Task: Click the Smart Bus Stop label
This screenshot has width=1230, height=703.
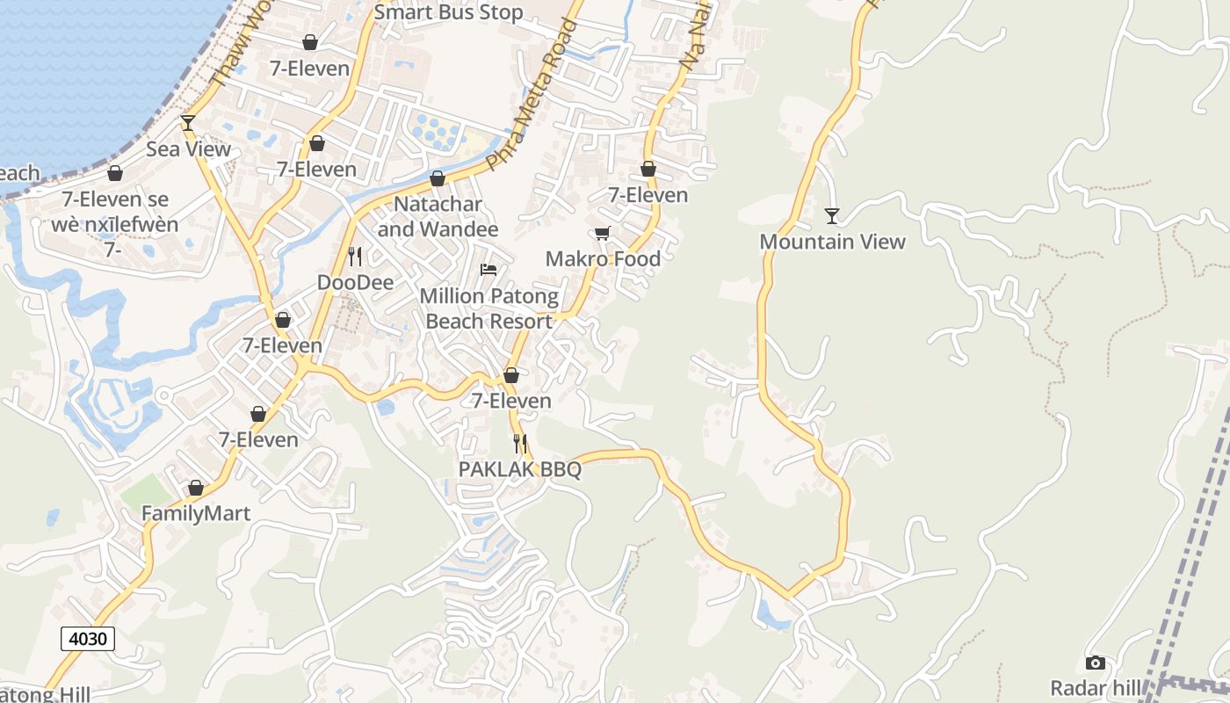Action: tap(448, 12)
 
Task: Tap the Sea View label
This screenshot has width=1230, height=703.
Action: tap(188, 149)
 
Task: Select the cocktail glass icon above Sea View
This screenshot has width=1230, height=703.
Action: tap(187, 122)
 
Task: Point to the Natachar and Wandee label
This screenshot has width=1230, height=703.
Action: tap(438, 217)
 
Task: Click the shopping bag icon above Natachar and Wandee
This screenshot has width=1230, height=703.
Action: tap(438, 179)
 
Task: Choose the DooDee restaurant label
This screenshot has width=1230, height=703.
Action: tap(355, 282)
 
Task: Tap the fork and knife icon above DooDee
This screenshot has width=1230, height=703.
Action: tap(355, 257)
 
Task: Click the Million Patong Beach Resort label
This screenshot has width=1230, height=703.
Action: tap(488, 308)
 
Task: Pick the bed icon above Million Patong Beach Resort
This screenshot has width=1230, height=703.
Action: tap(488, 269)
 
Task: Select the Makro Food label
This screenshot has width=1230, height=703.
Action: tap(603, 258)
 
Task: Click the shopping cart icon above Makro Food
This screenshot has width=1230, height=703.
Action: tap(602, 233)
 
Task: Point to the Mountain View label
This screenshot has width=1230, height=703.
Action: tap(832, 242)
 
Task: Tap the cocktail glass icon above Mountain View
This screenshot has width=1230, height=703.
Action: tap(832, 215)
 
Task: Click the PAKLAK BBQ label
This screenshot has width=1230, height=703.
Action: tap(520, 469)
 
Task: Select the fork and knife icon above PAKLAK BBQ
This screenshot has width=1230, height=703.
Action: tap(520, 444)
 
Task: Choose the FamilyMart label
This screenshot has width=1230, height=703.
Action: tap(196, 513)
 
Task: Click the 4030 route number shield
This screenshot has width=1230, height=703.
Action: tap(88, 638)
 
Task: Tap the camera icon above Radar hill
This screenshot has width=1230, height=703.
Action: tap(1095, 663)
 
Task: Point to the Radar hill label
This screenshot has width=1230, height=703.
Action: tap(1095, 687)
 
